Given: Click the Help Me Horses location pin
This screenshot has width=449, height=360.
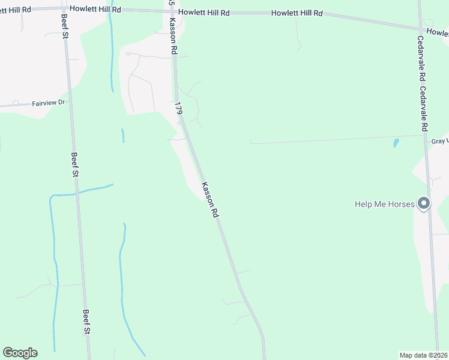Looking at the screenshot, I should [424, 204].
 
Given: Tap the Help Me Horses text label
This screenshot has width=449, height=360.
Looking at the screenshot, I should [384, 205].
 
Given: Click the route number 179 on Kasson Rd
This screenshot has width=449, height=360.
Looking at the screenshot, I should [178, 109].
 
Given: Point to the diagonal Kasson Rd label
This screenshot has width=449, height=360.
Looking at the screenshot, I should [210, 199].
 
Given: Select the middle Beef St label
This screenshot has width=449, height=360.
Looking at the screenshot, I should [75, 164].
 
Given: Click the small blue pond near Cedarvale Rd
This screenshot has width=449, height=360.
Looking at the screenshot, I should [396, 143].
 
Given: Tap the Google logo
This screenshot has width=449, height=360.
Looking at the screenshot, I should [20, 353].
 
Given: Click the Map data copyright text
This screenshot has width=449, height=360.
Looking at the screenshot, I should [423, 355].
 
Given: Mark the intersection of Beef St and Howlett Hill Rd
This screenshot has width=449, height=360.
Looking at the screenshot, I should [62, 8].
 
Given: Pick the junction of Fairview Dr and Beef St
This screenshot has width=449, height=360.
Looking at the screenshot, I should [70, 102].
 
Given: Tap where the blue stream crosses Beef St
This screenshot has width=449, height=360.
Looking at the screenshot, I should [77, 194].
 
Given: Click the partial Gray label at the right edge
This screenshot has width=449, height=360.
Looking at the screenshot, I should [440, 141].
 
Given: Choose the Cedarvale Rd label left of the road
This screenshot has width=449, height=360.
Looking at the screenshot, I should [422, 59].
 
